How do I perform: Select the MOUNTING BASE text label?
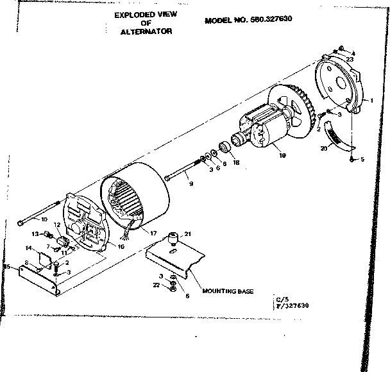(228, 291)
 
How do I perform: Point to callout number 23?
(350, 59)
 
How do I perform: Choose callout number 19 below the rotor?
(280, 155)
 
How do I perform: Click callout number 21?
(188, 233)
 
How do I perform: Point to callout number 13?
(37, 233)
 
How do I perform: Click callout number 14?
(29, 248)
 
